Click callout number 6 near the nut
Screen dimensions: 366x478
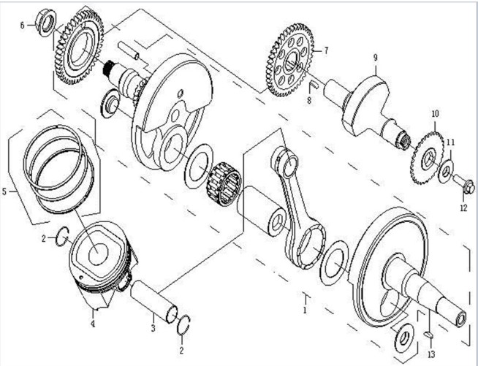pos(23,26)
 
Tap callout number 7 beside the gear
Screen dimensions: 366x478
pos(326,51)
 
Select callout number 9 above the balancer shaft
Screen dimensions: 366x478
pos(374,57)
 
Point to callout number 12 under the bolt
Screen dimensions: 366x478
pos(462,208)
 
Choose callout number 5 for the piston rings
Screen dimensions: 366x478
pos(5,192)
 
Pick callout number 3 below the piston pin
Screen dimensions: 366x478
pos(153,328)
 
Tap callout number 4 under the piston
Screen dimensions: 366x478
pos(94,324)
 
